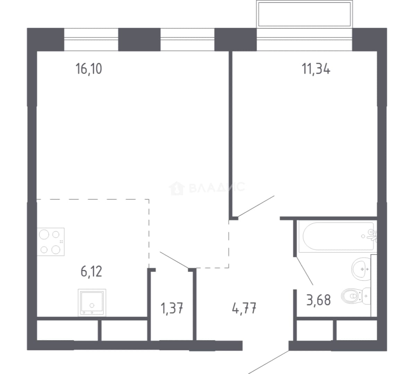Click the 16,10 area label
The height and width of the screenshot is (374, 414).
(89, 69)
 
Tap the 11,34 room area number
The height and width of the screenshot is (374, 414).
(316, 69)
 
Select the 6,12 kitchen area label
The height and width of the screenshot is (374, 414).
(91, 271)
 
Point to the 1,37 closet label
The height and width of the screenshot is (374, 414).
(172, 308)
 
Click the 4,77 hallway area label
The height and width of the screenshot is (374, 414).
(244, 308)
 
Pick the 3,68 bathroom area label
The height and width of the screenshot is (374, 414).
(319, 300)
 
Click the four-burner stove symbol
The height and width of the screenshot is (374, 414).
(51, 242)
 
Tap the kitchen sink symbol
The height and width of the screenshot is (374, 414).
(92, 303)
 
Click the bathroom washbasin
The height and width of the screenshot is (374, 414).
(361, 269)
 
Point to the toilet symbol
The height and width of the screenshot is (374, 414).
(356, 296)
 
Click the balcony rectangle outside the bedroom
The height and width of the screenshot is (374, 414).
(304, 14)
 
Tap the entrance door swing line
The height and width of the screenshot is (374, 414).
(268, 362)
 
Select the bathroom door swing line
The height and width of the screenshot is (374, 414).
(305, 270)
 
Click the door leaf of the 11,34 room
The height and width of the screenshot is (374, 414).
(256, 206)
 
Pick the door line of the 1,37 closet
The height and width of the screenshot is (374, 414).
(174, 260)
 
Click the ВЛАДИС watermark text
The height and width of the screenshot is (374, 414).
(217, 187)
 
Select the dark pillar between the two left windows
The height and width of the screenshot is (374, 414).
(139, 39)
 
